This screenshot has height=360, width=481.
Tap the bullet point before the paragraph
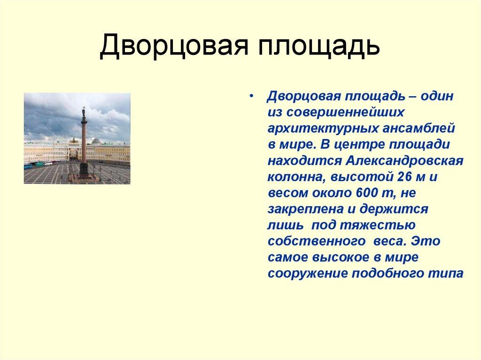click(252, 96)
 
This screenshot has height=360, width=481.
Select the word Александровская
click(405, 161)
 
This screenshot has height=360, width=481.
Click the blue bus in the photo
click(29, 166)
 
